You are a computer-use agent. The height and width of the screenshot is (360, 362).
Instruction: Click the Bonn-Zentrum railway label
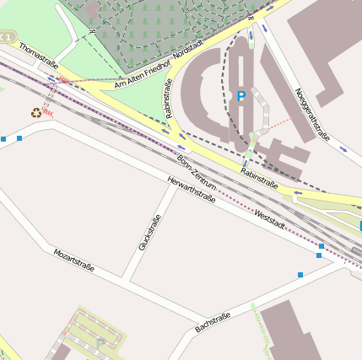point(197,172)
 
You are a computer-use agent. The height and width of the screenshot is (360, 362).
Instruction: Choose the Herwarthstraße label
point(192,190)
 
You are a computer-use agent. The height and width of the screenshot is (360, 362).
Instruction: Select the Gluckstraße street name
point(149,234)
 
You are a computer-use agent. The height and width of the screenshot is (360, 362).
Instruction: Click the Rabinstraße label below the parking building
point(259,175)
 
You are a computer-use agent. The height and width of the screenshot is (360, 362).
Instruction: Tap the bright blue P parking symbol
point(241,97)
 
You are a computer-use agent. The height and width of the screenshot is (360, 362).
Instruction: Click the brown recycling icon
point(35,112)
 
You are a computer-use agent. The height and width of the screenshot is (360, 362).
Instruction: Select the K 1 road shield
point(7,38)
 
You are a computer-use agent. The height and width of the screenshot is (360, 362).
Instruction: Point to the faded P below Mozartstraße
point(100,342)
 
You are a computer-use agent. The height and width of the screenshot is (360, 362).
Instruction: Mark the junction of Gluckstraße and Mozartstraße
point(125,280)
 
